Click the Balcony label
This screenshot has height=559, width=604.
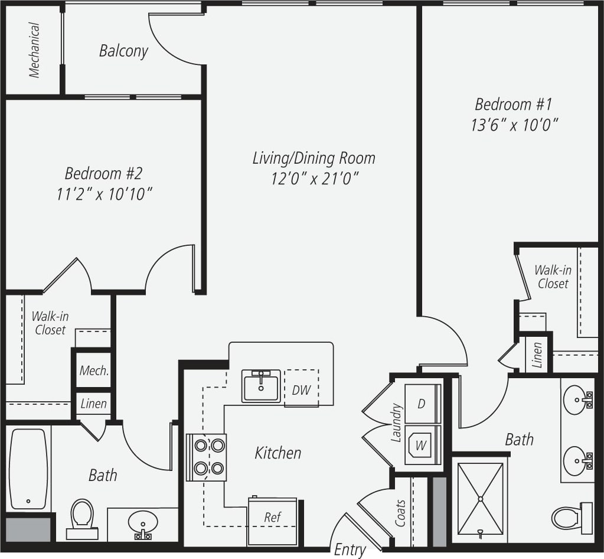(x=123, y=51)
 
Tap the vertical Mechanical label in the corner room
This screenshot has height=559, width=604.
(x=35, y=50)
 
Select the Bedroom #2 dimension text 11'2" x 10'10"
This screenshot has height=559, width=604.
(x=105, y=194)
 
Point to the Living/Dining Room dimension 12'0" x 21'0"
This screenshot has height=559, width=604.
(x=315, y=178)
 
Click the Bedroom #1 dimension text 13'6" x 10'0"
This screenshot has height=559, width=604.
(x=514, y=125)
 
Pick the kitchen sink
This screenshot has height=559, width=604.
(x=260, y=386)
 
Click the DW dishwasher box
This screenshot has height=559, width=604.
(x=301, y=389)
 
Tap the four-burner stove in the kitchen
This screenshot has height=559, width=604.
(x=207, y=457)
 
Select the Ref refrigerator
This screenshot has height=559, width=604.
(x=272, y=521)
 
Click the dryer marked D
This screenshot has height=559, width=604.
(x=422, y=404)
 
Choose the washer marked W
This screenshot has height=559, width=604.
(x=422, y=445)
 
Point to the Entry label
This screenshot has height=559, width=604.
(x=350, y=550)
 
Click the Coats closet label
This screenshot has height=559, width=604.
(x=401, y=513)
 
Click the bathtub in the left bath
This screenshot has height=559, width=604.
(x=28, y=469)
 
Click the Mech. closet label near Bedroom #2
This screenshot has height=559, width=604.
(x=94, y=371)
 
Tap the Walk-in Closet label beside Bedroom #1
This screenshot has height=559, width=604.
(x=553, y=277)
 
